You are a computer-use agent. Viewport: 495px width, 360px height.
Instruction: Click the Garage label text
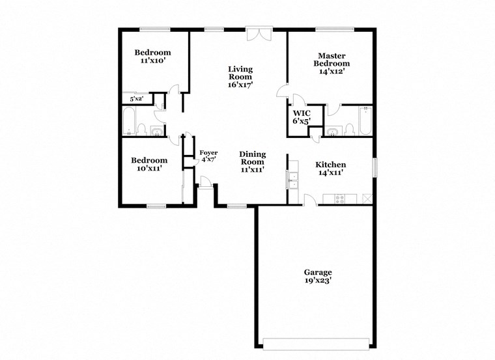[318, 277]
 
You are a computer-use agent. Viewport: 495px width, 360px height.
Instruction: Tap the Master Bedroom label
[332, 64]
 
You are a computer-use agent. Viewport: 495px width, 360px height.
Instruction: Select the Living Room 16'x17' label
[240, 77]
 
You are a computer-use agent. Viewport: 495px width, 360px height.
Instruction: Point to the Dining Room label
[252, 161]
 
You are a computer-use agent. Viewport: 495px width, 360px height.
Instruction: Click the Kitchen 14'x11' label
[330, 169]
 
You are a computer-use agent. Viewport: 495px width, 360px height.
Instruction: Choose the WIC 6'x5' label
[301, 117]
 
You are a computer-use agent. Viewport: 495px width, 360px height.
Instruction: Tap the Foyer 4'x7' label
[208, 156]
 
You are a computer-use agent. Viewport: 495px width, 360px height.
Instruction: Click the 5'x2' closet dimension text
[137, 99]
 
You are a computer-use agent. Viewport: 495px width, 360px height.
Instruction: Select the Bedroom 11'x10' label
[152, 57]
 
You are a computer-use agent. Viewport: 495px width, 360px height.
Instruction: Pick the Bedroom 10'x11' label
[149, 164]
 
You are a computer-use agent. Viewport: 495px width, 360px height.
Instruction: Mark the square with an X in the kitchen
[367, 199]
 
